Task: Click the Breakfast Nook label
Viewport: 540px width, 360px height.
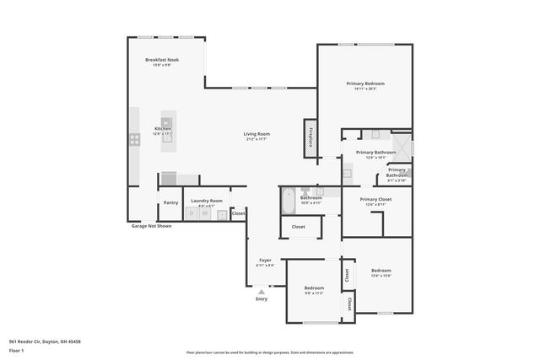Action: (x=161, y=60)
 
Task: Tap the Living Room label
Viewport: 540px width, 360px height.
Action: (x=256, y=133)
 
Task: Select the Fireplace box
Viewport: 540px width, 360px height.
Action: (x=310, y=137)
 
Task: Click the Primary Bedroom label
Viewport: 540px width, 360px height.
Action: (x=364, y=83)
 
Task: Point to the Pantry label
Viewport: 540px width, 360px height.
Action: (x=170, y=202)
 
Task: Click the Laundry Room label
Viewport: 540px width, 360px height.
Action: (x=205, y=200)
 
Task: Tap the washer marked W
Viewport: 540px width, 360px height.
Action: (x=203, y=214)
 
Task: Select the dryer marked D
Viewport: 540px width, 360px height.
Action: (x=192, y=214)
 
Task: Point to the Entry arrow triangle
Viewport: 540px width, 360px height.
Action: (x=262, y=292)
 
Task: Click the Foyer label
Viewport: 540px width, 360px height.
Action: (x=265, y=261)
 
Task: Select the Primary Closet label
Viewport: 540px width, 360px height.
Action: (x=375, y=200)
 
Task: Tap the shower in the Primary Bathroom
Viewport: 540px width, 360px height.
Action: (x=401, y=147)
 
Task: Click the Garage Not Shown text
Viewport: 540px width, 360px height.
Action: (x=151, y=226)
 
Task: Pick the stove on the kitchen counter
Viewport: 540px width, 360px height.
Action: (x=134, y=140)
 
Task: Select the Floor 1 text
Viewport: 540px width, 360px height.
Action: (x=16, y=349)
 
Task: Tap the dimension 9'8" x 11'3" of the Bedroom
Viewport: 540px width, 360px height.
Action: (x=314, y=293)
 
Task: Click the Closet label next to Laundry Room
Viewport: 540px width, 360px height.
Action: (x=238, y=213)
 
